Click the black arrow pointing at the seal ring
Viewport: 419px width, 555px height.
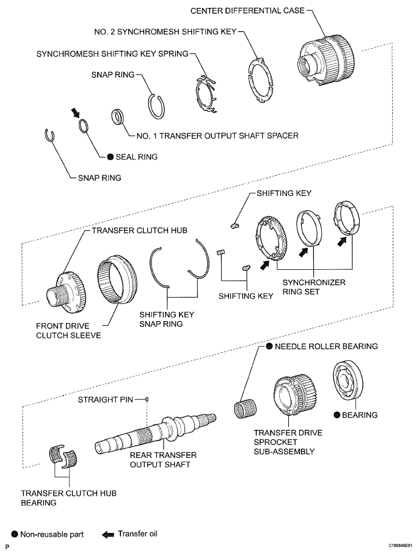coord(75,113)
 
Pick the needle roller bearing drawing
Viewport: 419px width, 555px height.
coord(246,410)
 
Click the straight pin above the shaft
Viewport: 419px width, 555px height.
coord(147,399)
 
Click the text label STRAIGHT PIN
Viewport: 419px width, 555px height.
coord(106,400)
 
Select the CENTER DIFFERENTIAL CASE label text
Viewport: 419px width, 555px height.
coord(247,10)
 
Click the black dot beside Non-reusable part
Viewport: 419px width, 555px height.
coord(15,534)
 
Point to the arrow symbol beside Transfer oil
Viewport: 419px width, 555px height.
coord(107,534)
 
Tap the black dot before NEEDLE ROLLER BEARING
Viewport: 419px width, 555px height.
coord(269,346)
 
